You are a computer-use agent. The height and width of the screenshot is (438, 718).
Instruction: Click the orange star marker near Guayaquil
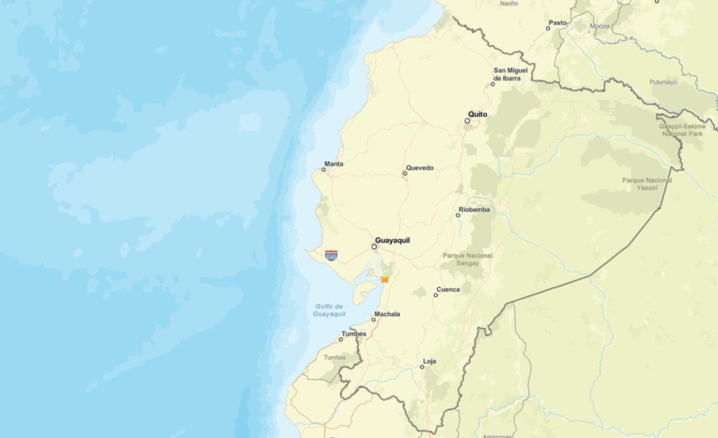(385, 279)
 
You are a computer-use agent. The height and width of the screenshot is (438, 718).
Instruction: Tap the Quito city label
(477, 114)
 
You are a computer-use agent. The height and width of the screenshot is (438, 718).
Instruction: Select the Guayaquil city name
(393, 240)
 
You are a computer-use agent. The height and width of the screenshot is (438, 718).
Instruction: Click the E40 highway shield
(331, 256)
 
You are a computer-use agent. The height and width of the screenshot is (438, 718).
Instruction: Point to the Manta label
(334, 164)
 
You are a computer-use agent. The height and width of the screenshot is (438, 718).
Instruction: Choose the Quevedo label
(420, 168)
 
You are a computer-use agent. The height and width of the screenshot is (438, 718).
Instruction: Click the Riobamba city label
(474, 210)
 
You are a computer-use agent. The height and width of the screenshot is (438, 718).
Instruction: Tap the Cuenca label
(448, 289)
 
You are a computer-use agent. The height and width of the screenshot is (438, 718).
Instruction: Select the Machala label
(387, 314)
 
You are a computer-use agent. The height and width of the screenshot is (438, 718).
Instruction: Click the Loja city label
(429, 362)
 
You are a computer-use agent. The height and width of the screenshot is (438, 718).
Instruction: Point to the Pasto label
(557, 23)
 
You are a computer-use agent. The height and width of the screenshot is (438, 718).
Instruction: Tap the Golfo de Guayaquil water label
(329, 310)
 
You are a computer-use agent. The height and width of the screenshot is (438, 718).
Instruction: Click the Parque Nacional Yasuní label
(646, 184)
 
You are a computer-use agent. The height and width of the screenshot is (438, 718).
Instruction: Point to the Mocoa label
(600, 26)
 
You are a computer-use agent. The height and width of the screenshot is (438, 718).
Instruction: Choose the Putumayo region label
(663, 82)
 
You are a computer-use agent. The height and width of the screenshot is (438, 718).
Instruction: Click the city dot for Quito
(468, 121)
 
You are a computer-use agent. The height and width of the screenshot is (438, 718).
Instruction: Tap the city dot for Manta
(323, 170)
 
